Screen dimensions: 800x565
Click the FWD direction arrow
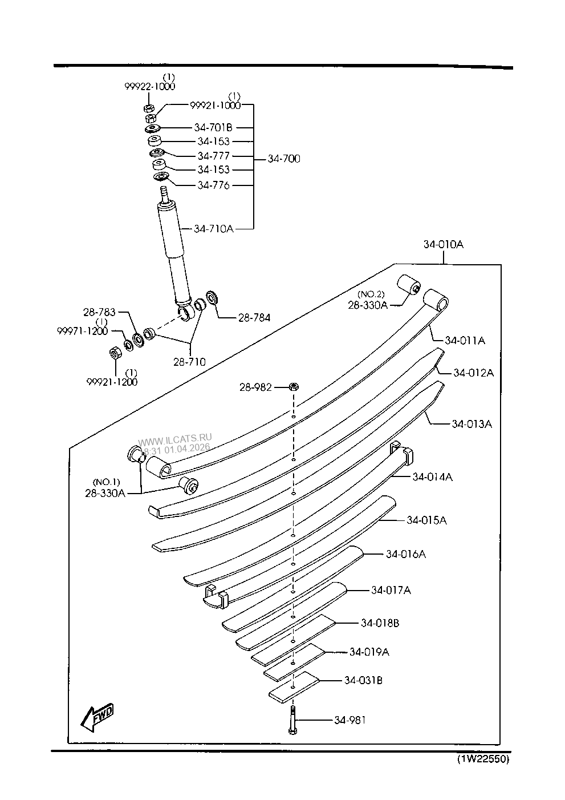[x=97, y=717]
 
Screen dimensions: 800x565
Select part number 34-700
[x=284, y=159]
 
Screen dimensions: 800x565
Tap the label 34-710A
[x=213, y=229]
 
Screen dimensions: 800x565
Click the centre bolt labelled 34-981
[x=292, y=720]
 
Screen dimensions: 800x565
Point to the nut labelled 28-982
[x=292, y=386]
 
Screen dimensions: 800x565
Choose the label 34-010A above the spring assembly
[x=443, y=244]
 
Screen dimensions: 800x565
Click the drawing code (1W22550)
[x=482, y=759]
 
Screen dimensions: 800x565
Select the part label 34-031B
[x=363, y=680]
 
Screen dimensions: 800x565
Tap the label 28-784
[x=254, y=317]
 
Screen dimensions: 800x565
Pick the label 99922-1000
[x=150, y=86]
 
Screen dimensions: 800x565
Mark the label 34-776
[x=213, y=185]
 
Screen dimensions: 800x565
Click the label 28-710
[x=190, y=361]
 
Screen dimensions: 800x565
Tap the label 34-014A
[x=432, y=477]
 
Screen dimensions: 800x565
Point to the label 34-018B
[x=380, y=623]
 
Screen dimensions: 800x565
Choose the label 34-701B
[x=213, y=127]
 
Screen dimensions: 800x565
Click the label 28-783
[x=99, y=312]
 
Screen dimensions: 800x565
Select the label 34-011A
[x=465, y=341]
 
